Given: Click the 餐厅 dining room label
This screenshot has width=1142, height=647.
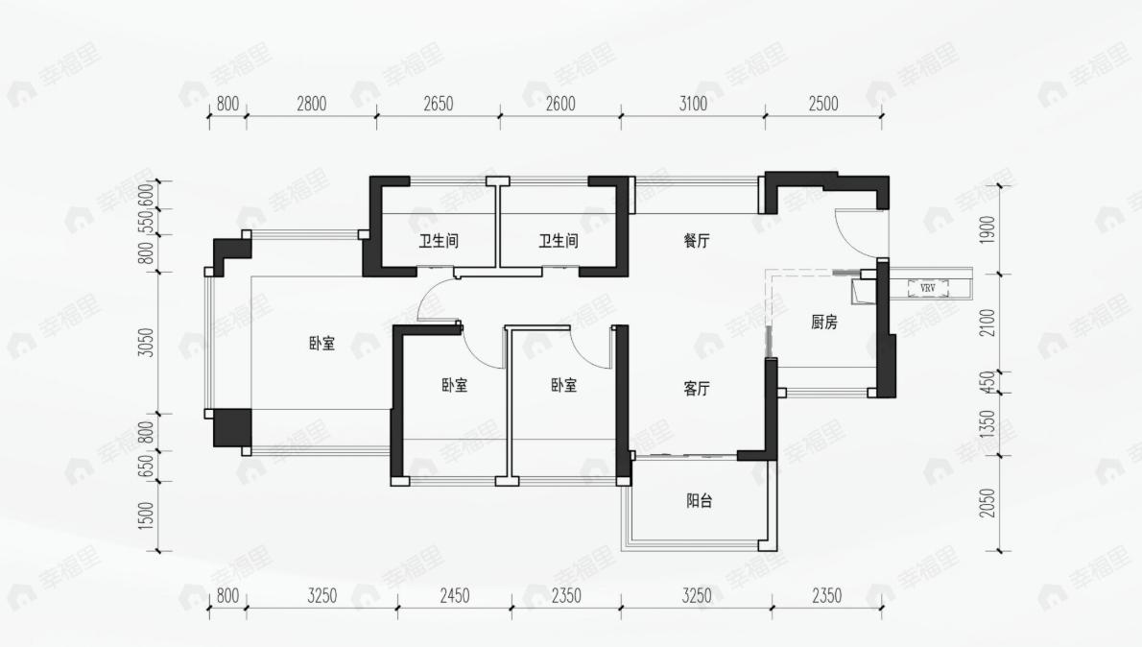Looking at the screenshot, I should pos(697,242).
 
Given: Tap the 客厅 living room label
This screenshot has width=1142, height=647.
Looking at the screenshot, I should pos(697,389).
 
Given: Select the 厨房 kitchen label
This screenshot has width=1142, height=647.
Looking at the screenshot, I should pos(823,323).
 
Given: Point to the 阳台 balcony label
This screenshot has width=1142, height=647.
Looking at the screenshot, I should pos(700,501).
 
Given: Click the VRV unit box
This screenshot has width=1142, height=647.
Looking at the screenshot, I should pos(927,287).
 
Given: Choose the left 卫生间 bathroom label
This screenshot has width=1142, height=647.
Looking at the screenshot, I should pos(438,242).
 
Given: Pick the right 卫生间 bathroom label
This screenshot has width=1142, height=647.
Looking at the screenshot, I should pos(559,242).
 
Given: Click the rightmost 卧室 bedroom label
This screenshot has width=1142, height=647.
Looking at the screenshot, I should pos(564,385).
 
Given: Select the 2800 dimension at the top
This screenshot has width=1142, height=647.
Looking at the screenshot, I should pos(311,105).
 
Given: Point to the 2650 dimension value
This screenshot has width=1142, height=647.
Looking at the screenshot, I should pos(438,105).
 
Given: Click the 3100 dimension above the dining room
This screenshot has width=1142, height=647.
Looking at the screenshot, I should pos(692,105).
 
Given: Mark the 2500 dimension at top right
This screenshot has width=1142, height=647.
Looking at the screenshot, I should pos(823,105).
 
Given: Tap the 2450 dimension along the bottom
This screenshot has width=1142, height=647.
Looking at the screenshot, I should pos(454,596).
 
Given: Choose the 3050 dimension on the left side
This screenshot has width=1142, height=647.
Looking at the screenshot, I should pos(146,343).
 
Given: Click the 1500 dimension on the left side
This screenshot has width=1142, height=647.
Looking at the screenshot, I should pos(146,515).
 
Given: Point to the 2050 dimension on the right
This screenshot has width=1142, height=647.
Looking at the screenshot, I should pos(988,503).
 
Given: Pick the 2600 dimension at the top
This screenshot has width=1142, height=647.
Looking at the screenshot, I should pos(560,105).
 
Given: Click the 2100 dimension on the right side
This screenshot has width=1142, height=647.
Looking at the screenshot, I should pos(988,323).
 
